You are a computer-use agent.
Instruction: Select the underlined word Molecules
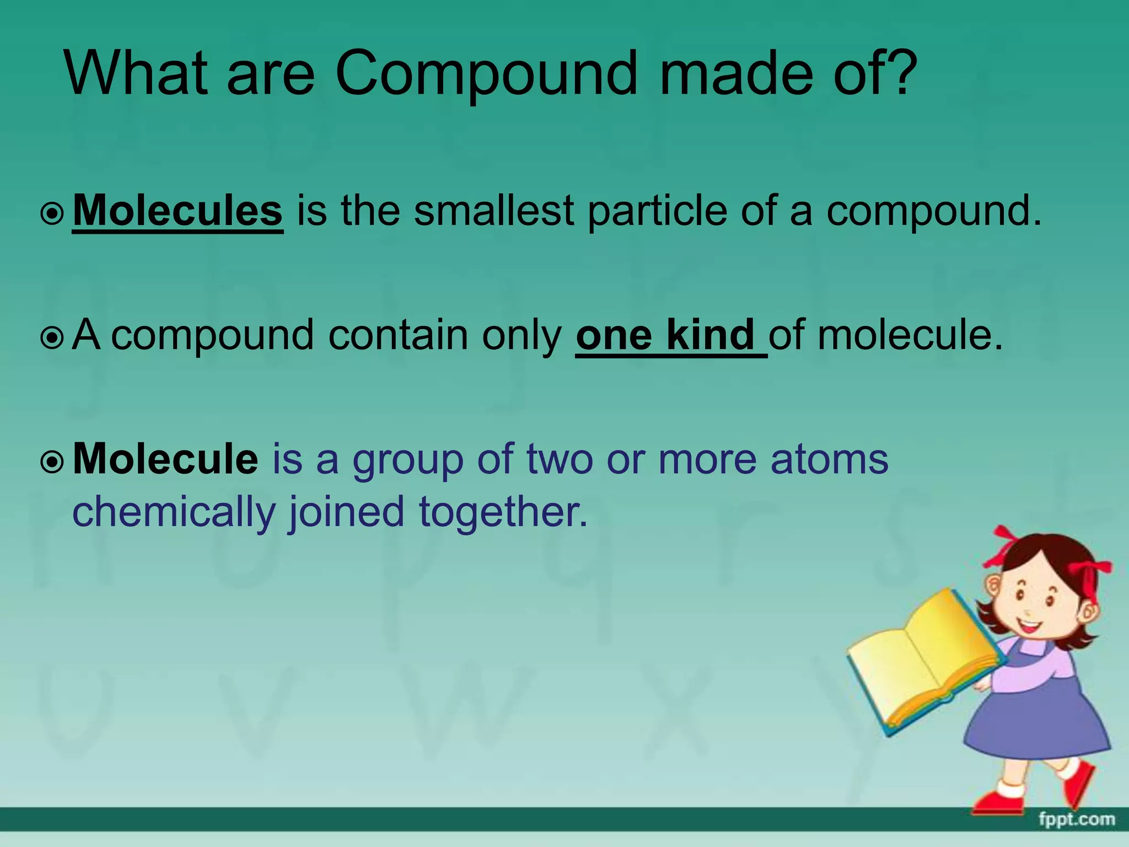[178, 211]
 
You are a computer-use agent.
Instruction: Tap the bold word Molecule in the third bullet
[165, 459]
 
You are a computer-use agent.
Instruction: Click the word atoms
[829, 459]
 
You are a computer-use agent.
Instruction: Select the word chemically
[173, 512]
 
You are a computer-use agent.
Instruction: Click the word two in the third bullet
[559, 459]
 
